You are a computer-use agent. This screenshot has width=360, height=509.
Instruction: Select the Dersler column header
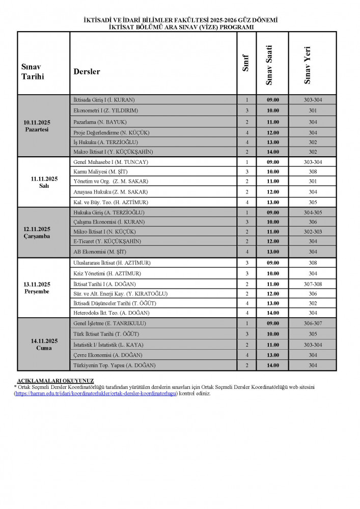(87, 72)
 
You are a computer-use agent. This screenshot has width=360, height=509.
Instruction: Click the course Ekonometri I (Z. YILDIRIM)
(106, 110)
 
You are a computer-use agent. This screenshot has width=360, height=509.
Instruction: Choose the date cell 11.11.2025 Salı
(43, 182)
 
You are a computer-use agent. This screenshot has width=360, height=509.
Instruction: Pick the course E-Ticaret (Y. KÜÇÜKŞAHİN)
(107, 241)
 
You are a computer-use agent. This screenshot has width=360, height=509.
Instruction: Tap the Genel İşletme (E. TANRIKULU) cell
(110, 323)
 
